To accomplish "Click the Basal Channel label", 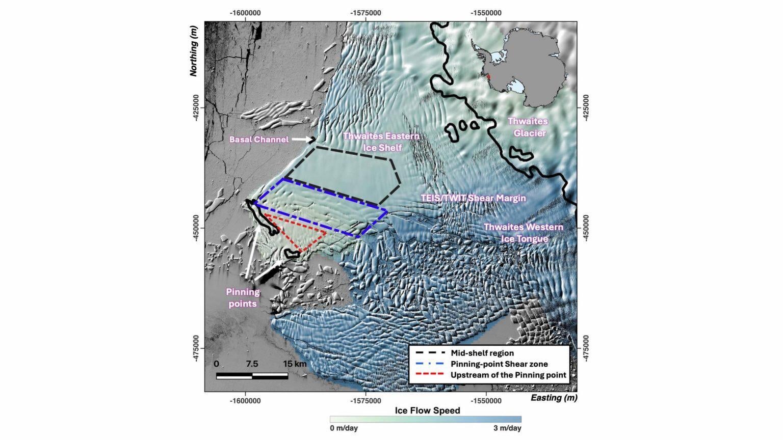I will click(x=258, y=140).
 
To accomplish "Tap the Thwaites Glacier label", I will click(x=528, y=127).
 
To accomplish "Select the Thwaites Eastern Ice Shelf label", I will click(x=381, y=142).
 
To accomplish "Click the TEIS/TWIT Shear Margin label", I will click(x=473, y=198).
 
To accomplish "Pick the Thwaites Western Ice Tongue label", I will click(x=523, y=233).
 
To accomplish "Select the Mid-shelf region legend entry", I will click(x=482, y=353).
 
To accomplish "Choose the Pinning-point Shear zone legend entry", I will click(x=499, y=364).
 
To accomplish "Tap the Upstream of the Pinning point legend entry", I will click(x=508, y=375).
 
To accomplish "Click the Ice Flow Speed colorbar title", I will click(x=427, y=410).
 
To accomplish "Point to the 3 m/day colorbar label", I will click(x=507, y=428).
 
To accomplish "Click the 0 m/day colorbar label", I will click(x=344, y=428).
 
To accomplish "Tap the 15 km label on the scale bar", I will click(x=295, y=364).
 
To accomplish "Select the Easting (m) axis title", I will click(x=554, y=398).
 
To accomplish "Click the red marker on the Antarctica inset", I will click(x=488, y=77).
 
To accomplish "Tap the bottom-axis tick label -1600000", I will click(x=245, y=401).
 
